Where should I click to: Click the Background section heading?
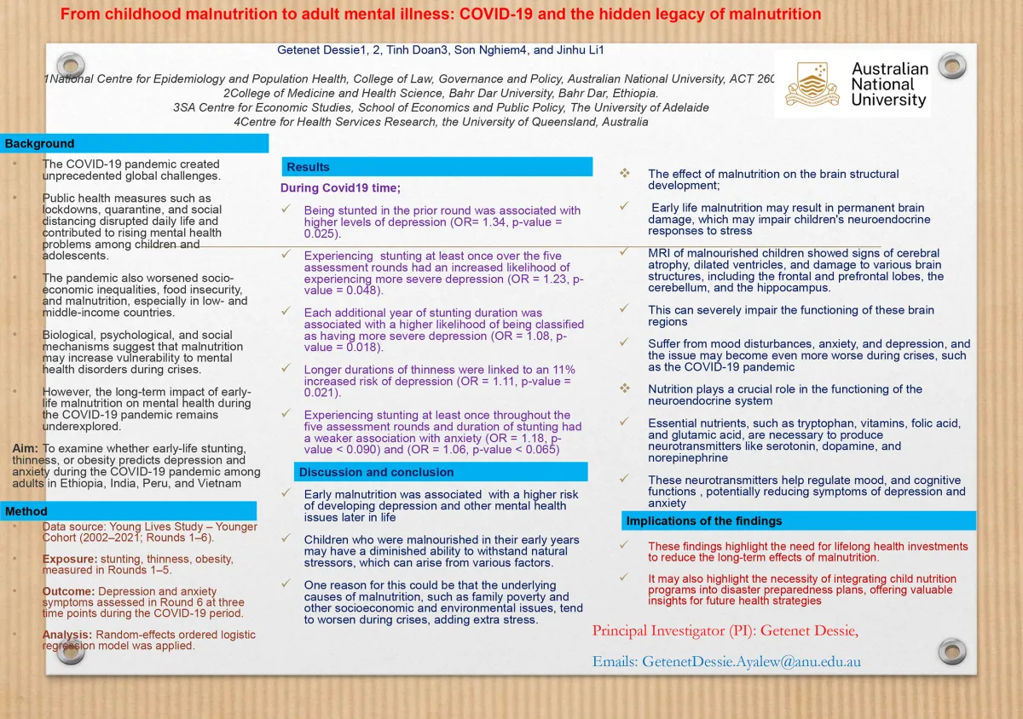tap(40, 144)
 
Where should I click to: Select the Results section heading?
tap(308, 167)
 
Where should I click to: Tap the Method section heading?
tap(26, 511)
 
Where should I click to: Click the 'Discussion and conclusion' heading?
tap(376, 472)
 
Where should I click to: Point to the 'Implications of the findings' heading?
tap(703, 521)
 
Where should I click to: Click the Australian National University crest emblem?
tap(807, 84)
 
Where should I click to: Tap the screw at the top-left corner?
tap(71, 65)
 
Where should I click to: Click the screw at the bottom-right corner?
tap(951, 652)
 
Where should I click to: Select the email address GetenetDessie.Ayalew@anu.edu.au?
tap(727, 662)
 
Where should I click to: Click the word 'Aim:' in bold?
tap(25, 449)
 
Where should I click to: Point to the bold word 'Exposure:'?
tap(69, 560)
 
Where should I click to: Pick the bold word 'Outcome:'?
tap(68, 591)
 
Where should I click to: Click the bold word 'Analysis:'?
tap(67, 635)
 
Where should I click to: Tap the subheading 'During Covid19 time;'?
tap(340, 187)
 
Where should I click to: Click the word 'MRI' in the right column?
tap(660, 253)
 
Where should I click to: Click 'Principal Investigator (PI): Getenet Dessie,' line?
tap(725, 630)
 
